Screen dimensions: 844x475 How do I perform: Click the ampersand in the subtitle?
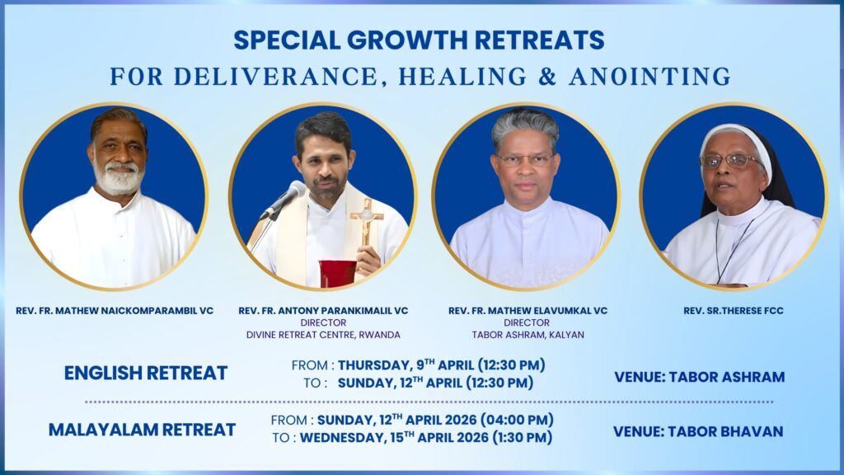point(547,77)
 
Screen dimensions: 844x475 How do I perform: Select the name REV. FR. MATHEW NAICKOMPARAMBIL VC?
point(115,311)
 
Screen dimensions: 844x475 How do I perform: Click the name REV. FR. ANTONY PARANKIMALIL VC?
point(323,311)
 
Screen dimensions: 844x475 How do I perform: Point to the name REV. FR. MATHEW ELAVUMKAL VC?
point(527,311)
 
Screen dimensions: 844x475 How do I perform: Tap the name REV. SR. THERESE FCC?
point(733,311)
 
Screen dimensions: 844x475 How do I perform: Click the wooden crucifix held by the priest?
point(367,221)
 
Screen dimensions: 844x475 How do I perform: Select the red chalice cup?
point(337,274)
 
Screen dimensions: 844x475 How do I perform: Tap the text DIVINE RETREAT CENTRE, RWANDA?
point(323,335)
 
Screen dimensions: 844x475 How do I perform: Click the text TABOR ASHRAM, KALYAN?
point(527,335)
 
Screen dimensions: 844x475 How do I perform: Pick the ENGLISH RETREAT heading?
point(146,374)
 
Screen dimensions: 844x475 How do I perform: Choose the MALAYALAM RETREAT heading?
point(142,430)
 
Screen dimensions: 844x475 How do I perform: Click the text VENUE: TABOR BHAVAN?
point(698,432)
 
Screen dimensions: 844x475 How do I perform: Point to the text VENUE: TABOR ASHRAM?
point(699,377)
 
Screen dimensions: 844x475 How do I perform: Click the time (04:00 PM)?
point(517,420)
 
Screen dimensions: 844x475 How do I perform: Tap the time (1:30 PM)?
point(522,438)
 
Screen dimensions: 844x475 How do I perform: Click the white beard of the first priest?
point(119,176)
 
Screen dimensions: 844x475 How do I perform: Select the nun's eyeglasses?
point(731,161)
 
